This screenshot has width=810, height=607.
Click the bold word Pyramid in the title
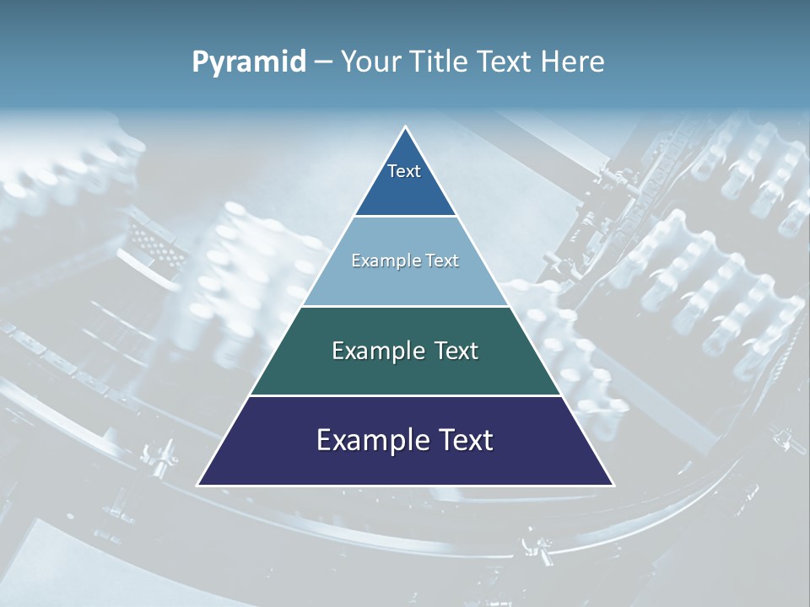[x=249, y=62]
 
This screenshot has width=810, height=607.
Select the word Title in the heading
[x=440, y=62]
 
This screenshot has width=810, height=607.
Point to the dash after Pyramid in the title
[x=323, y=62]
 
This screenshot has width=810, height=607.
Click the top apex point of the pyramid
[x=406, y=127]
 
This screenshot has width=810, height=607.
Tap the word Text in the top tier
[x=404, y=171]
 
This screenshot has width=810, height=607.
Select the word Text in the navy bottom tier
[x=464, y=440]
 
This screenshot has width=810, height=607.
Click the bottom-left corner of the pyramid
[x=198, y=485]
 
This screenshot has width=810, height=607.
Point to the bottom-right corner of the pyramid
[x=613, y=485]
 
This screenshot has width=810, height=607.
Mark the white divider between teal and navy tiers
[x=405, y=395]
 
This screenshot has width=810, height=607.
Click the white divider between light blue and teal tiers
[x=405, y=306]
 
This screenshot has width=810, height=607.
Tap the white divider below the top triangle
[x=405, y=217]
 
